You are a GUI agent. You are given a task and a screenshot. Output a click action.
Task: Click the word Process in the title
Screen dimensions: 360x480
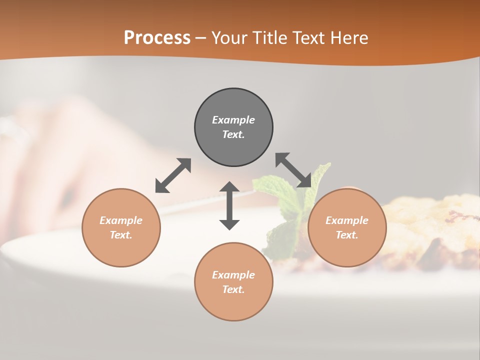(157, 38)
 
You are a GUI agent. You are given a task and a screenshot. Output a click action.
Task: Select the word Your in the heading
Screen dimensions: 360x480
(227, 38)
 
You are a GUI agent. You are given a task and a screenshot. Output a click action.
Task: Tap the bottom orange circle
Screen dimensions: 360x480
(233, 305)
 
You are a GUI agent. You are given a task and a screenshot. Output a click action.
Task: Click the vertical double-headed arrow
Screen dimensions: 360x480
(229, 205)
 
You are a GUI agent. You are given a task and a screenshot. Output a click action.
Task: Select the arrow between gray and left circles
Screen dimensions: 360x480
(173, 175)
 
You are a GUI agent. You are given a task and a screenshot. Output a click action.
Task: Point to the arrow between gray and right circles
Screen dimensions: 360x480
(293, 170)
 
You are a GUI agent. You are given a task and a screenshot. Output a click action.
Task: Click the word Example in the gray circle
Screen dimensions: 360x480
(233, 120)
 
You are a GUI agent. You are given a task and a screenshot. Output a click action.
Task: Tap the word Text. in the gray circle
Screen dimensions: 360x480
(233, 134)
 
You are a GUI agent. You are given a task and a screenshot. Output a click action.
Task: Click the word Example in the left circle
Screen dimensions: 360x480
(121, 220)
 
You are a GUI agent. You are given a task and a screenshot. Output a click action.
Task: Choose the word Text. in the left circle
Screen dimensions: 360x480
(121, 235)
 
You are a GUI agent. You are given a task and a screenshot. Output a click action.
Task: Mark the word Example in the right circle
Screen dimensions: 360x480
(347, 220)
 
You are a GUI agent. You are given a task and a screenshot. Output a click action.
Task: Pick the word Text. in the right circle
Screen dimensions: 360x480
(347, 235)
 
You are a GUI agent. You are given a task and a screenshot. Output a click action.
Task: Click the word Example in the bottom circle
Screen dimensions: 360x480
(233, 275)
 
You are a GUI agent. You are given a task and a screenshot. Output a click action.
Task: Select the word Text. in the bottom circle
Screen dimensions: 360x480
(233, 289)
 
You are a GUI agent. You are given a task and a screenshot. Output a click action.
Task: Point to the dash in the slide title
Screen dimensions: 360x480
(200, 38)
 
